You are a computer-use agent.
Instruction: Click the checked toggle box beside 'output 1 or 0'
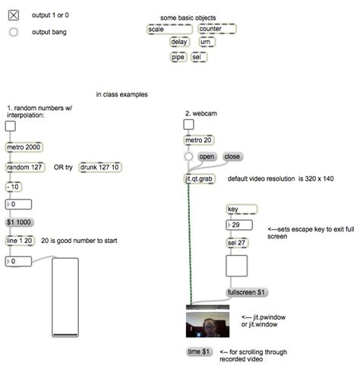click(14, 15)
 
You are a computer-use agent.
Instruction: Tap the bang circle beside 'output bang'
click(14, 32)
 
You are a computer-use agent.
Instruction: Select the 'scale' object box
click(169, 30)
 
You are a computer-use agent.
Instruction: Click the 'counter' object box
click(217, 29)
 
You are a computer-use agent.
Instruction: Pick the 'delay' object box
click(179, 42)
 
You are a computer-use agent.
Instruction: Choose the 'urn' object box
click(207, 42)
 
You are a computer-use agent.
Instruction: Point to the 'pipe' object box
click(178, 57)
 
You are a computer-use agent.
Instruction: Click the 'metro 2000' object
click(24, 147)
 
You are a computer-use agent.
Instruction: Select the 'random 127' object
click(25, 167)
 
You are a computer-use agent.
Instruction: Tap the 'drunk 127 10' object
click(100, 167)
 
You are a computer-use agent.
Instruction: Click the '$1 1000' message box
click(19, 222)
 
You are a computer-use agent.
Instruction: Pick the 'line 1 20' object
click(20, 241)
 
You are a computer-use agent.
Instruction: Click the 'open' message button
click(207, 156)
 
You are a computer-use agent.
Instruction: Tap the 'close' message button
click(232, 156)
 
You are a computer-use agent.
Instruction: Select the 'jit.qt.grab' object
click(199, 178)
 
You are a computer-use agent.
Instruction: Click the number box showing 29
click(239, 225)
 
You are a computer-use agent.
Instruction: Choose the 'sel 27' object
click(237, 243)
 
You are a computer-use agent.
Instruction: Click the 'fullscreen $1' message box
click(247, 292)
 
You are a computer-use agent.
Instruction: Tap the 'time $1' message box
click(199, 352)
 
